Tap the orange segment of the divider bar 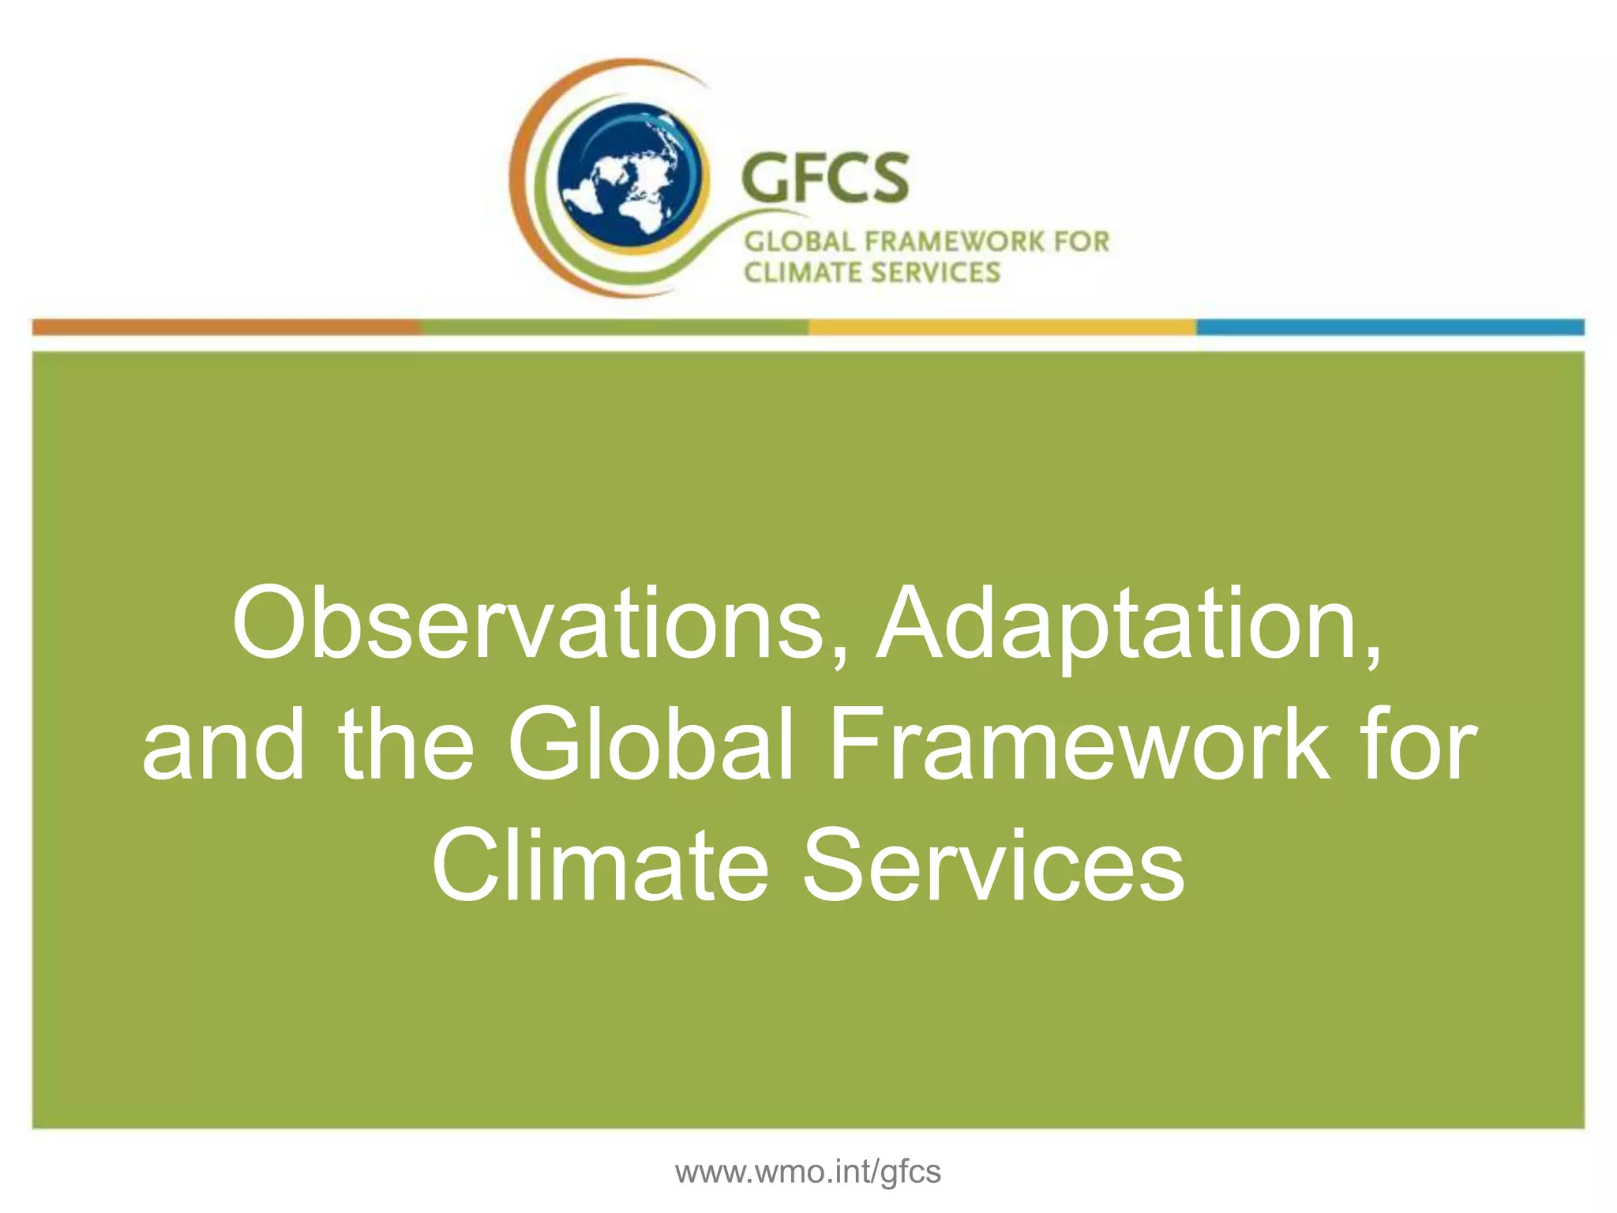pos(226,327)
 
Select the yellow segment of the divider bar pos(1003,327)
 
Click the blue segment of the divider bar pos(1390,327)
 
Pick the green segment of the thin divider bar pos(614,327)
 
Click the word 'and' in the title pos(223,745)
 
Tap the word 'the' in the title pos(406,745)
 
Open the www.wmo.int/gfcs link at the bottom pos(808,1172)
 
